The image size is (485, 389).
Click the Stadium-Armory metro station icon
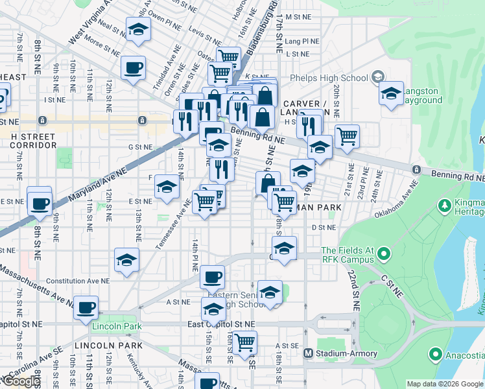(309, 353)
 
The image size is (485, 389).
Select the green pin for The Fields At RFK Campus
(383, 253)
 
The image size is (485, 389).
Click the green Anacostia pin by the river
(435, 355)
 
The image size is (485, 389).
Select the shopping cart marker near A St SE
(245, 342)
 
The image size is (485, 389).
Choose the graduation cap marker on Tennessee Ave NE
(167, 187)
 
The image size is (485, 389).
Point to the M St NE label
(299, 17)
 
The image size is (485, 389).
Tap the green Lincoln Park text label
(115, 325)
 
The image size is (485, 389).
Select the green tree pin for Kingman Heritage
(445, 206)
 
